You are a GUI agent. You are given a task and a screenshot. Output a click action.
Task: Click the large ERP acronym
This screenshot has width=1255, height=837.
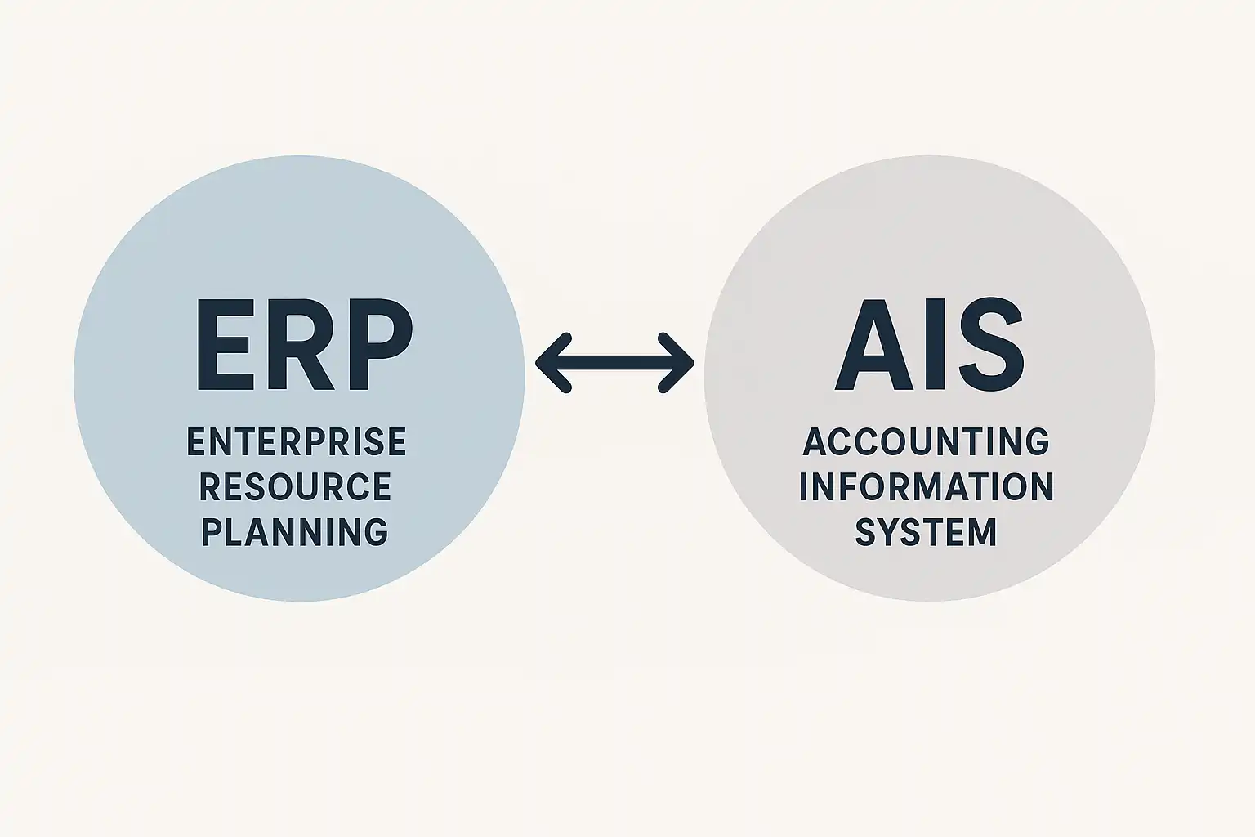[304, 344]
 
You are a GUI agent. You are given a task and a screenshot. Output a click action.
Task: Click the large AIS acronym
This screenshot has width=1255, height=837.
[930, 344]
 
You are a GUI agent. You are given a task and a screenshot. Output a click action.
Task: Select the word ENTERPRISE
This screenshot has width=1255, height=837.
[297, 441]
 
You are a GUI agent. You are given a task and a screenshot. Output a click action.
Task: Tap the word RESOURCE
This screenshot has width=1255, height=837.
[295, 486]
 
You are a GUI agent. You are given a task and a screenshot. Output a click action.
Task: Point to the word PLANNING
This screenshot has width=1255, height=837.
[295, 531]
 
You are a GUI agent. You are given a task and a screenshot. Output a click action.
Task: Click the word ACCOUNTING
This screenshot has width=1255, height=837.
[926, 441]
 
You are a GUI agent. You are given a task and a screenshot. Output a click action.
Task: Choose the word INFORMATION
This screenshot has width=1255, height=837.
[927, 486]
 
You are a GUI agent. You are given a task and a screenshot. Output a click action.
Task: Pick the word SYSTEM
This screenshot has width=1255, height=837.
[926, 531]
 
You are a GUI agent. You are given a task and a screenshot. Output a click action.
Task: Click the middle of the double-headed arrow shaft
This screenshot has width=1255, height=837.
[614, 363]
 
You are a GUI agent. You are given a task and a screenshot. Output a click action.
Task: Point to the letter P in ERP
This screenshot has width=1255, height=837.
[380, 344]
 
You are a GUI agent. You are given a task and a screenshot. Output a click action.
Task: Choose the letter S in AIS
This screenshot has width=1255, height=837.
[992, 344]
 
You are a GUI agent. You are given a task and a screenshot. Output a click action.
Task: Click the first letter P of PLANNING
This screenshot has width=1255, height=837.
[212, 531]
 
